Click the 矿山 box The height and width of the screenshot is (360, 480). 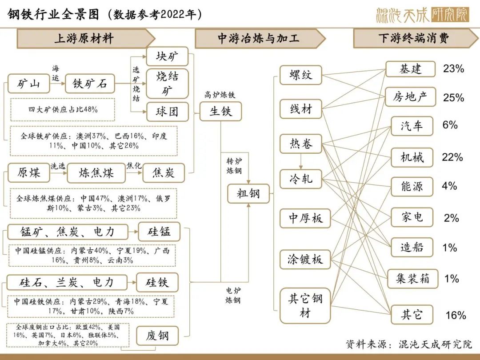tap(28, 84)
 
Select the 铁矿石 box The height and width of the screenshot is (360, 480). tap(90, 84)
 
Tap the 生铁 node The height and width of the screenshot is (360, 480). tap(220, 112)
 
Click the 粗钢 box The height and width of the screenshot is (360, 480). tap(248, 193)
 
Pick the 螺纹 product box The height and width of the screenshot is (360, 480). tap(301, 75)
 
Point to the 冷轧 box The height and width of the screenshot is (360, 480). tap(301, 179)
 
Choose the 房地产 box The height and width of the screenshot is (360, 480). tap(410, 97)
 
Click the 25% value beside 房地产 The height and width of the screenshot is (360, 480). tap(453, 98)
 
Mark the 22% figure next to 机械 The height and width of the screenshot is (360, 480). tap(452, 157)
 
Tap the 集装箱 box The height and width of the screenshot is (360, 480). tap(412, 279)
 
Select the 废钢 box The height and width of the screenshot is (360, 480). tap(157, 336)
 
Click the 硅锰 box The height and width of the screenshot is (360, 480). tap(159, 232)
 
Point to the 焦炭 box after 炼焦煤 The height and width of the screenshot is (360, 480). tap(164, 173)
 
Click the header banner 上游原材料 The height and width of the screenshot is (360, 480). tap(86, 39)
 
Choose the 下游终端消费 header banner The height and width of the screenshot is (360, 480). tap(416, 38)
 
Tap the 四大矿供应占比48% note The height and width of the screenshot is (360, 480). tap(63, 110)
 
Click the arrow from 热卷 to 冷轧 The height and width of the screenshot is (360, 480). tap(301, 161)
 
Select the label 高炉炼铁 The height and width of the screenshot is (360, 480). tap(220, 95)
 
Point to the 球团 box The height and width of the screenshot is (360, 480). tap(167, 112)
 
